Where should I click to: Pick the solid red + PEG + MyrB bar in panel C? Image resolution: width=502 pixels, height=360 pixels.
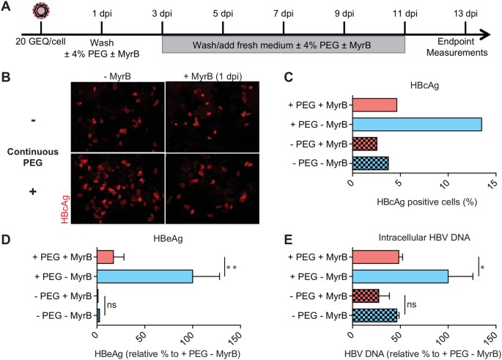[x=374, y=105]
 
